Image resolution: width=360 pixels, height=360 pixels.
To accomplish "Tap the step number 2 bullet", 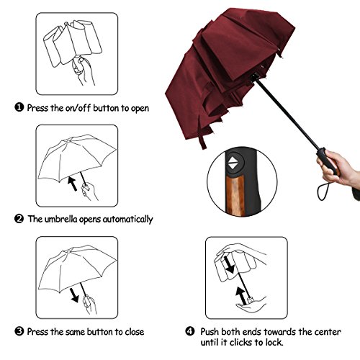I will (18, 219).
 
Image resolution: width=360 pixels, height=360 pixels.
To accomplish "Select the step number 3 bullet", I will (18, 331).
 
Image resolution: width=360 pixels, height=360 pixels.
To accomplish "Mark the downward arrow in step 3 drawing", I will (73, 295).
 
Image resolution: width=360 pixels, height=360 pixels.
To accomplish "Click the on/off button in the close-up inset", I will (234, 165).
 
